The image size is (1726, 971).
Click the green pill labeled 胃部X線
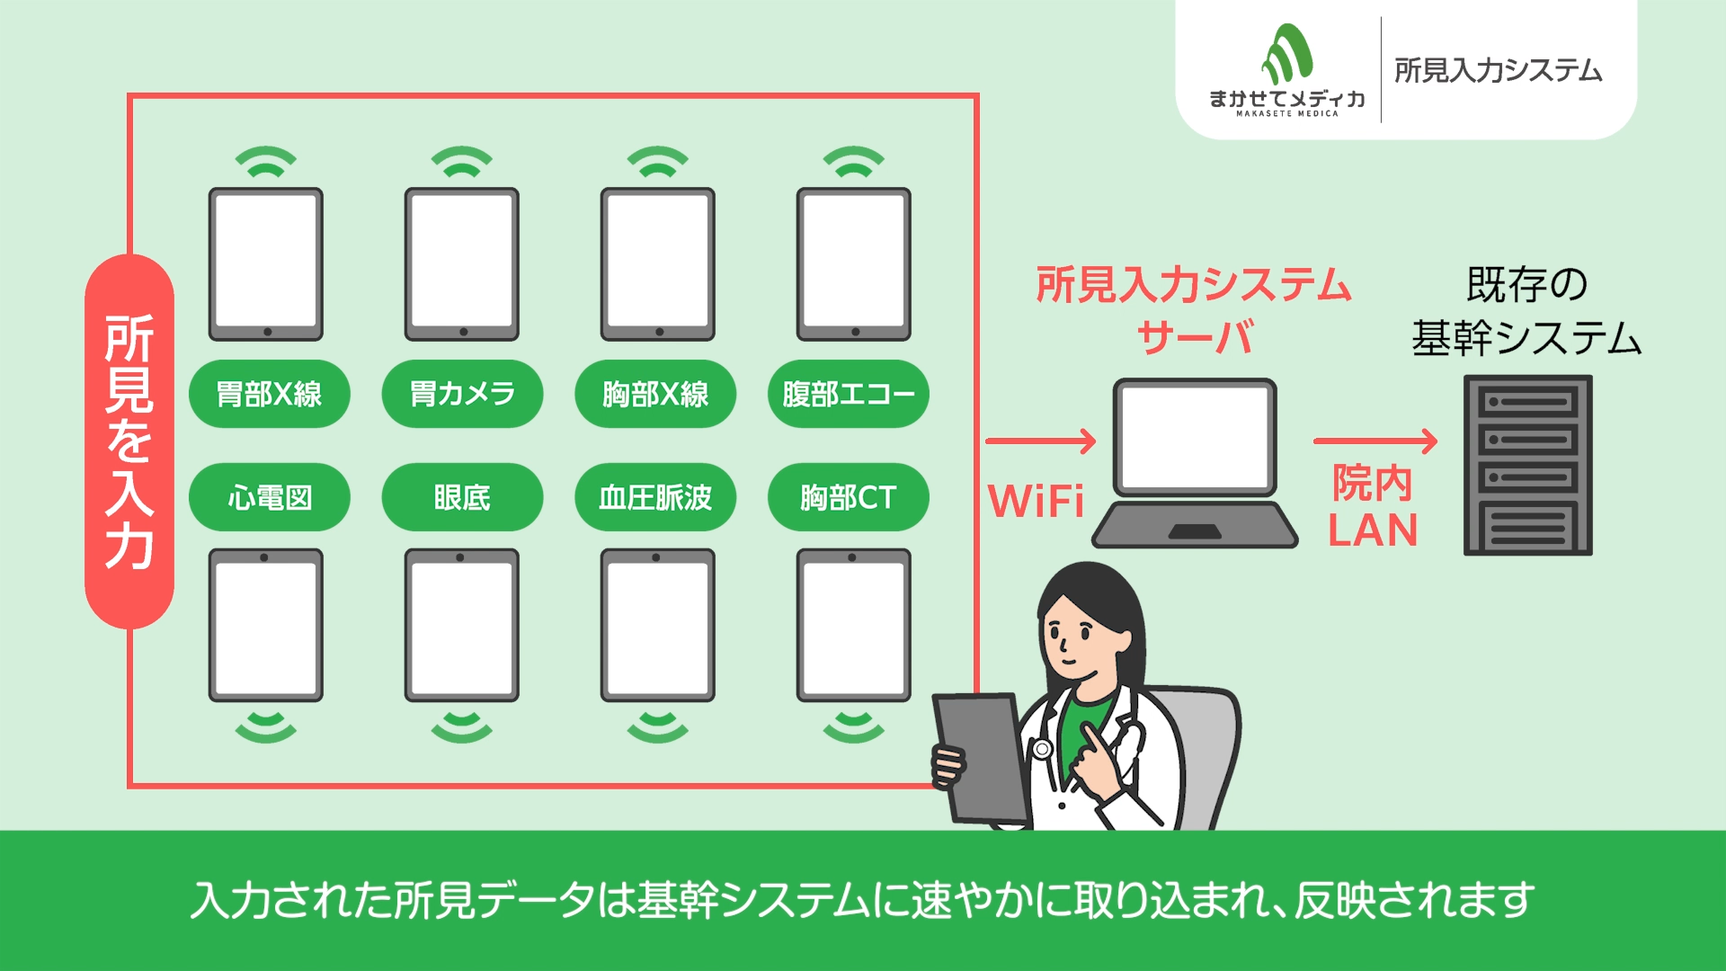269,394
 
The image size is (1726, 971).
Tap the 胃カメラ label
462,394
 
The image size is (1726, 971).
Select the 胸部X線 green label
655,394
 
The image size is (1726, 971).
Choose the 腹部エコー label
848,394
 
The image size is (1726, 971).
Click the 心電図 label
269,497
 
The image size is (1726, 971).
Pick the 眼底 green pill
462,497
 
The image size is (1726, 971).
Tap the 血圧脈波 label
655,497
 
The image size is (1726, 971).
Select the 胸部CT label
848,497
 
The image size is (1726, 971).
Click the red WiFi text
1036,501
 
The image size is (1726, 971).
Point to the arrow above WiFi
1040,441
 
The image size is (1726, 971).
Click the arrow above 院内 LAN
1375,441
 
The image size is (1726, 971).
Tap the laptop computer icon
1195,463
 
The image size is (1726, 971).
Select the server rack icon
1527,465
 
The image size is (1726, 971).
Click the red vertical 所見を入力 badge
129,441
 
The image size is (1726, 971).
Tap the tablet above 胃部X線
266,264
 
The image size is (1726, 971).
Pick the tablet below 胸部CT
854,625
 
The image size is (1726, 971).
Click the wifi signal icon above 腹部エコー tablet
854,162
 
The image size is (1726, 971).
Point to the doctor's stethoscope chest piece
1042,748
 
